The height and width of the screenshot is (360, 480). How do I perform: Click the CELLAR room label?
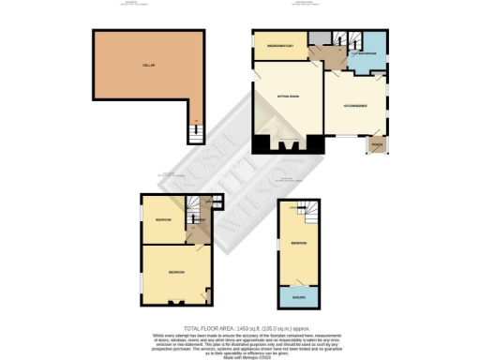[x=148, y=65]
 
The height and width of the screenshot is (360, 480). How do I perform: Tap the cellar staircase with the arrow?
[x=195, y=133]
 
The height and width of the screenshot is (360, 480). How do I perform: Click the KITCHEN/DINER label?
[x=353, y=105]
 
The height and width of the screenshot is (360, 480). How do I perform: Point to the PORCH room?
[x=376, y=146]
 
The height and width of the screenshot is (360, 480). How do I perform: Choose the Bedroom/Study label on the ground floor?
[x=281, y=46]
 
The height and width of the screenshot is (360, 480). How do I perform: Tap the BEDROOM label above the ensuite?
[x=297, y=242]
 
